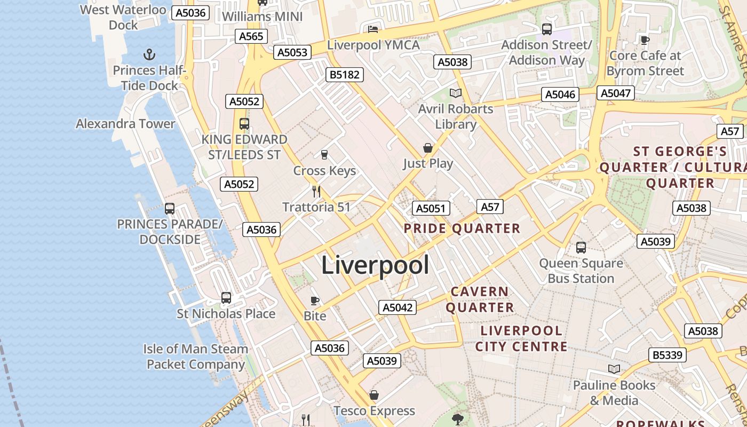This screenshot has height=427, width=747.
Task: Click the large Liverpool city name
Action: (375, 265)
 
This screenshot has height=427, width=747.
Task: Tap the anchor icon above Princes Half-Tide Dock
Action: (149, 54)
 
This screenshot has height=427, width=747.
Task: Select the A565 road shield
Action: (251, 36)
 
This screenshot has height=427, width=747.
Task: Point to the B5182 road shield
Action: (345, 75)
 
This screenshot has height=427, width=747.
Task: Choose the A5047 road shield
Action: (616, 93)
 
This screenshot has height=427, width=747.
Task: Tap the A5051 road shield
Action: (431, 208)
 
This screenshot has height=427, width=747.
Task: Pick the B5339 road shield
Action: (667, 355)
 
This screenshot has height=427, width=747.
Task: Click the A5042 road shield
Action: (398, 307)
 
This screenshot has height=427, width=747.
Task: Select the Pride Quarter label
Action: (462, 228)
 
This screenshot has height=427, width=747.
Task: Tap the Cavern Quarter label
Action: (480, 299)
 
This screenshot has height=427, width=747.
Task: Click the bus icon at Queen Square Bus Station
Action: (581, 248)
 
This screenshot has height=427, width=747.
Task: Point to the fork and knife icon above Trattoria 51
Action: (316, 191)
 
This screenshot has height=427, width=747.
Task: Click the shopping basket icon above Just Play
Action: (428, 148)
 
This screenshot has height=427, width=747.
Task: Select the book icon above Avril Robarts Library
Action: (455, 93)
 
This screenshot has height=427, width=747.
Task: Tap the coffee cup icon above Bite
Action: (315, 300)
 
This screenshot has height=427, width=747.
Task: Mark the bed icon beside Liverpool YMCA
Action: (373, 29)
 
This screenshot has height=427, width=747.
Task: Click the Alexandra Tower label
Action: (125, 124)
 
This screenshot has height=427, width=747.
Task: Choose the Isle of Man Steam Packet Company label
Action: (195, 357)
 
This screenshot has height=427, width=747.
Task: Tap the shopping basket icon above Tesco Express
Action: (374, 395)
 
